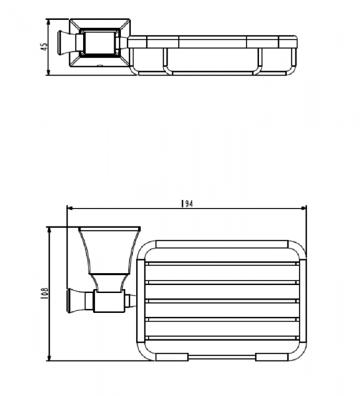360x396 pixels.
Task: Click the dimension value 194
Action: coord(187,203)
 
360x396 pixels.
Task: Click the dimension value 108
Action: coord(44,294)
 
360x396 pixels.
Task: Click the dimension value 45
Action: coord(44,47)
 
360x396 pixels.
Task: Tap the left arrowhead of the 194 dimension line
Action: coord(70,209)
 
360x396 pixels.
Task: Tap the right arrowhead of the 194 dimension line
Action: coord(304,209)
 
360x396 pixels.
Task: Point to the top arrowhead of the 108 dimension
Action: coord(50,230)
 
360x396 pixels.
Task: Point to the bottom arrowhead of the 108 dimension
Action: coord(50,358)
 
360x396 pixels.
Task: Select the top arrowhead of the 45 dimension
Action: coord(48,22)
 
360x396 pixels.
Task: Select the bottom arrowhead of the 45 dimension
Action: coord(48,72)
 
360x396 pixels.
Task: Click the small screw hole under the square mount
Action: coord(100,66)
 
